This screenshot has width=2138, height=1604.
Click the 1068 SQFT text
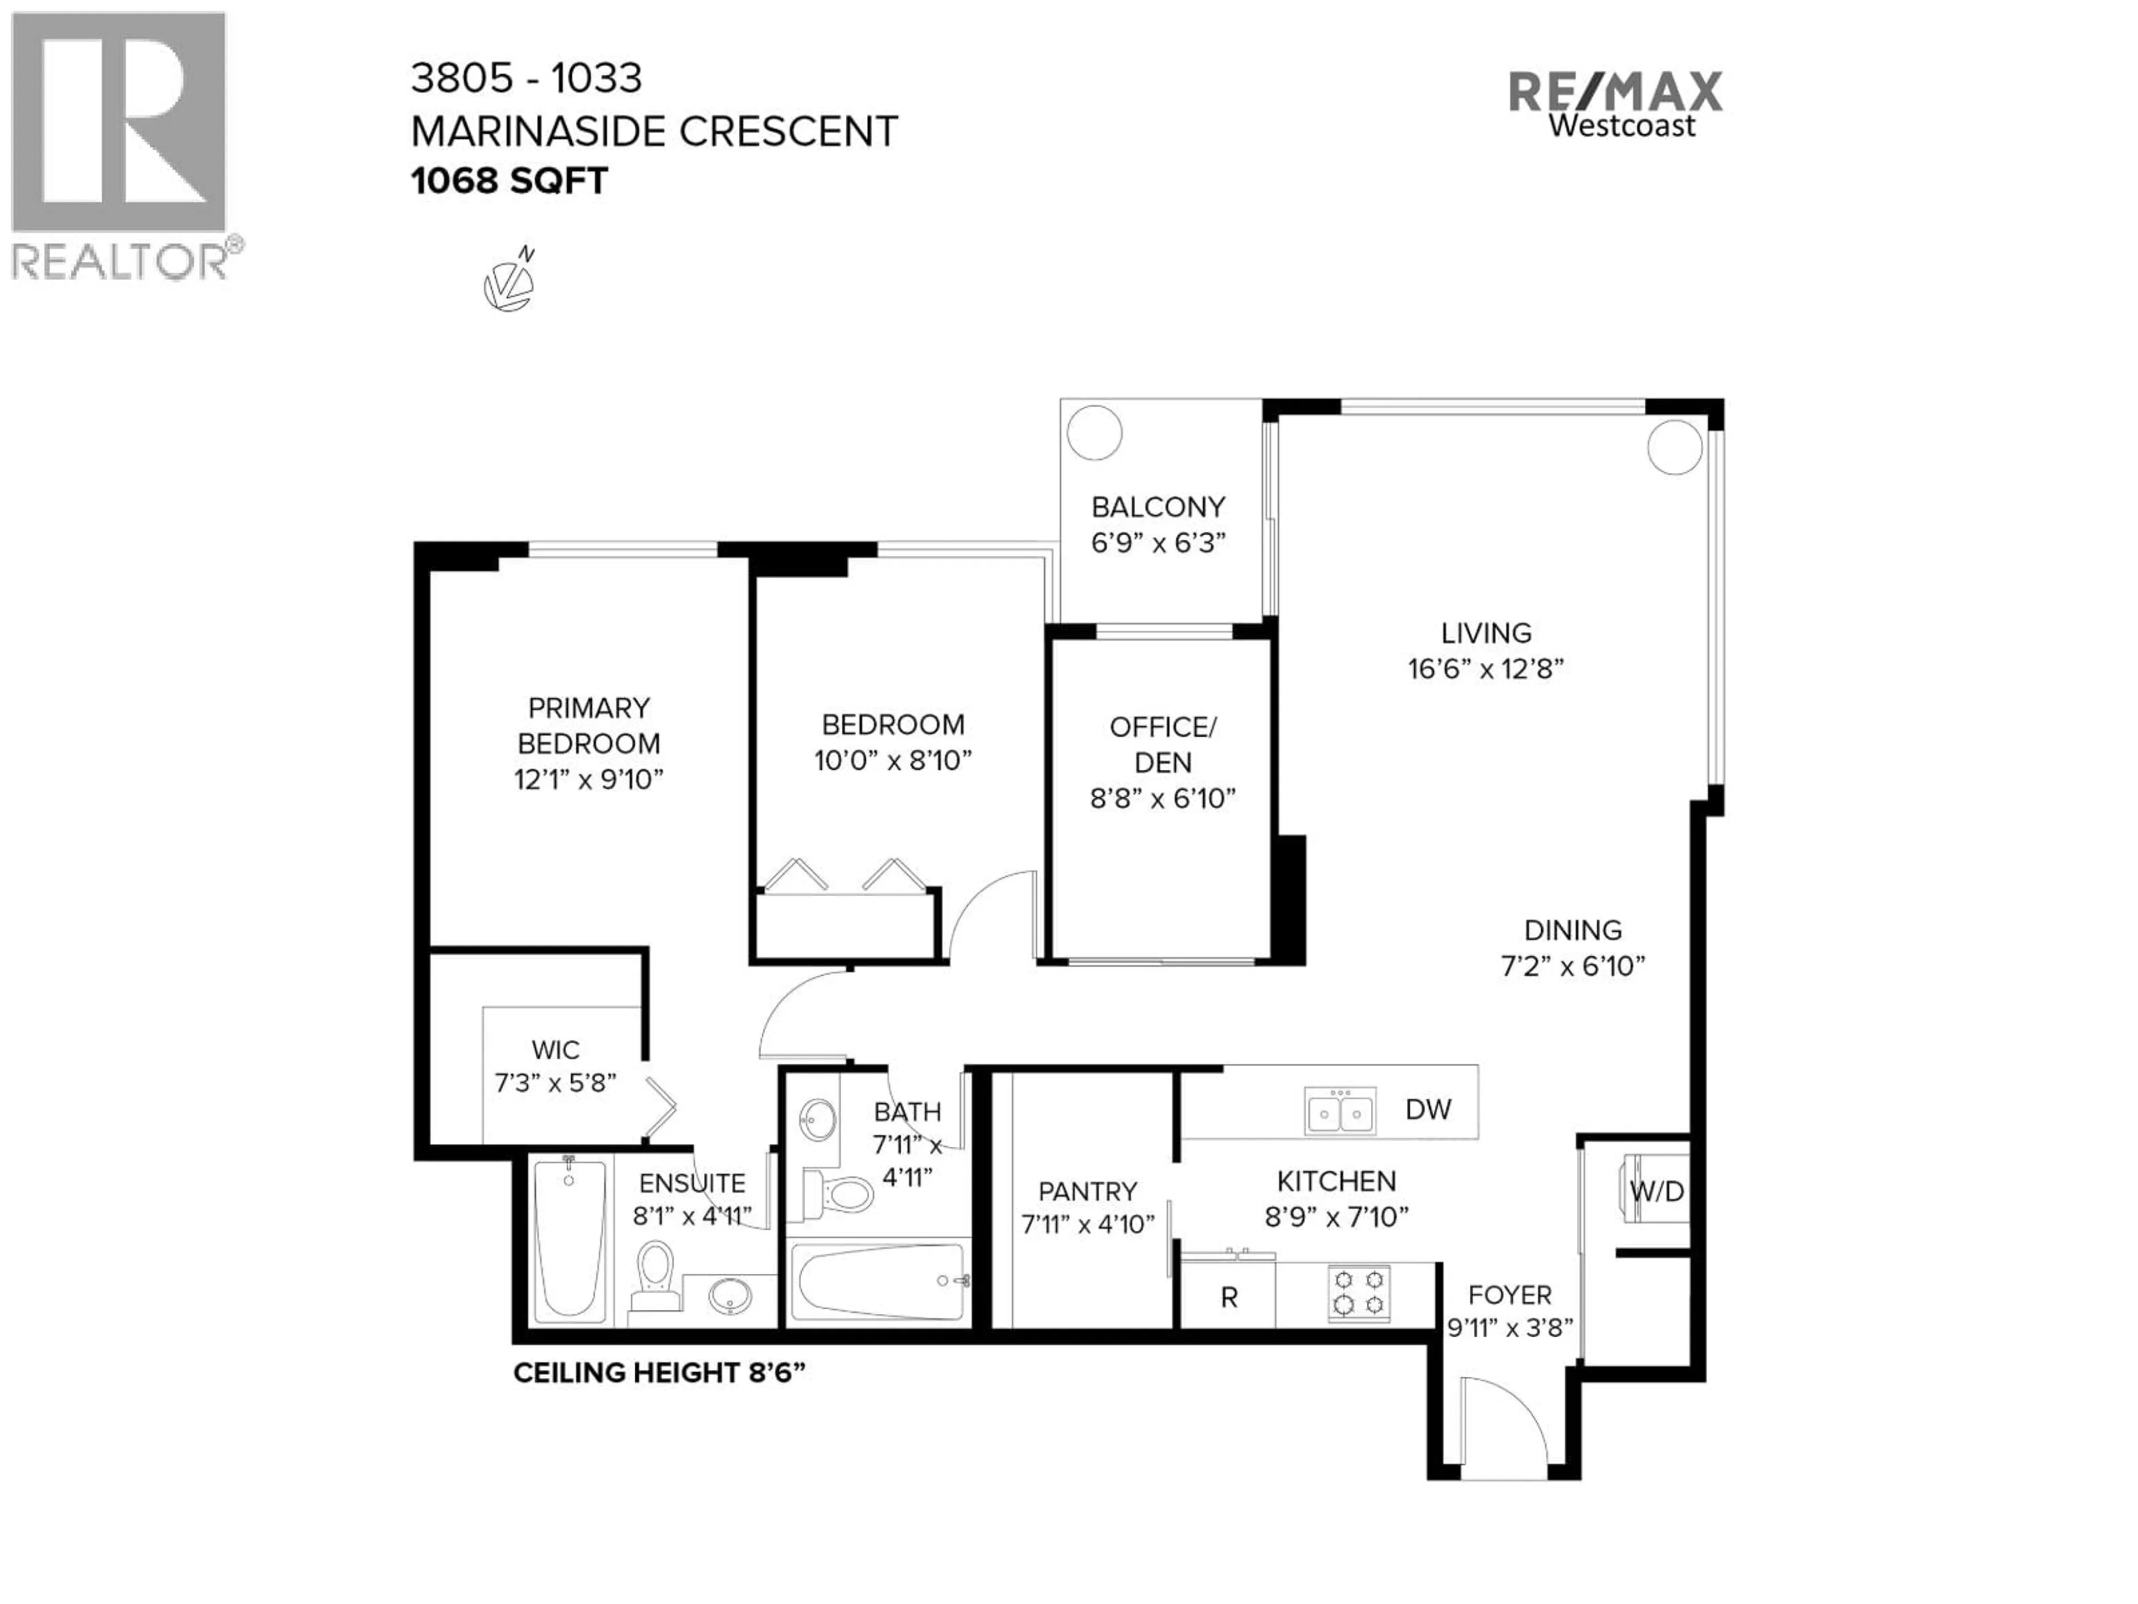pos(509,181)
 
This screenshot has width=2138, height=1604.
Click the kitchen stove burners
pos(1358,1293)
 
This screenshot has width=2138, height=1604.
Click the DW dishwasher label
pos(1428,1110)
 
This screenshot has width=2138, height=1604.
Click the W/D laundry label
pos(1656,1191)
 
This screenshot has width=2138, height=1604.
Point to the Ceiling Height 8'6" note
pos(658,1373)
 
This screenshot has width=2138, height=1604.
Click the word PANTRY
pos(1087,1191)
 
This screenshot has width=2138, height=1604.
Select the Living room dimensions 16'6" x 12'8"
pos(1485,669)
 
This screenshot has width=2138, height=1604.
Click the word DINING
pos(1572,930)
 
